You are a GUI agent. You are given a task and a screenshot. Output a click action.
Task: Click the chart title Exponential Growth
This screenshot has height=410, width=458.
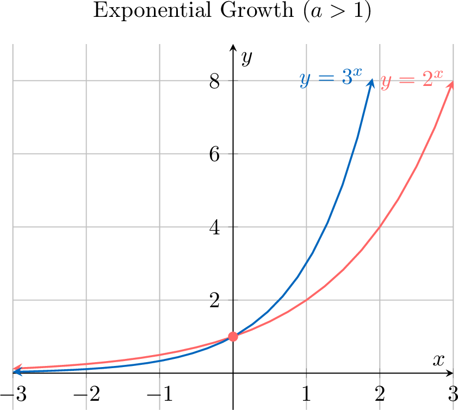point(232,12)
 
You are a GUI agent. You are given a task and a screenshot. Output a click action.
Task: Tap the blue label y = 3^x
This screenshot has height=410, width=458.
point(331,79)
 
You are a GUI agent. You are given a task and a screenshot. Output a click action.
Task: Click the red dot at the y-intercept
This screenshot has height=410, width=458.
point(233,337)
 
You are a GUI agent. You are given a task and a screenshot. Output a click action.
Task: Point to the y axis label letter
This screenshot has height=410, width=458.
point(247,57)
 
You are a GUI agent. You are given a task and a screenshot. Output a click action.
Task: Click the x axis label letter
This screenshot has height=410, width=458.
point(438,360)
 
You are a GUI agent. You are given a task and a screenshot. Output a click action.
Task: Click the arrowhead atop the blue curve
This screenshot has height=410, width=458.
point(372,82)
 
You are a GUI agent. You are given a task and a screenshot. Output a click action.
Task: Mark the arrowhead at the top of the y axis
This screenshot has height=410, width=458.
point(233,47)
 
